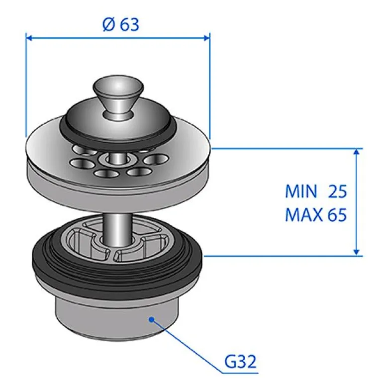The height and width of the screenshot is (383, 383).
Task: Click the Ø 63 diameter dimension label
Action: tap(121, 25)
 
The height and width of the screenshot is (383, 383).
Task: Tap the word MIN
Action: tap(301, 191)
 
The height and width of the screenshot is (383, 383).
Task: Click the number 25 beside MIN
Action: tap(337, 191)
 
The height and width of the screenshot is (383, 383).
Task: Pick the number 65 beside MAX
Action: tap(337, 214)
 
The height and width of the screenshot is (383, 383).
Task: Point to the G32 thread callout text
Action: tap(241, 362)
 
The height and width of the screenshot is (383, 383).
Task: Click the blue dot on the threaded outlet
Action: tap(152, 319)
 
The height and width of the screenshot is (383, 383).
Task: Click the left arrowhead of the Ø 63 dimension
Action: tap(29, 38)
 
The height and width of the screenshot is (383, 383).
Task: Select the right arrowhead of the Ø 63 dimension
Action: tap(206, 38)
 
